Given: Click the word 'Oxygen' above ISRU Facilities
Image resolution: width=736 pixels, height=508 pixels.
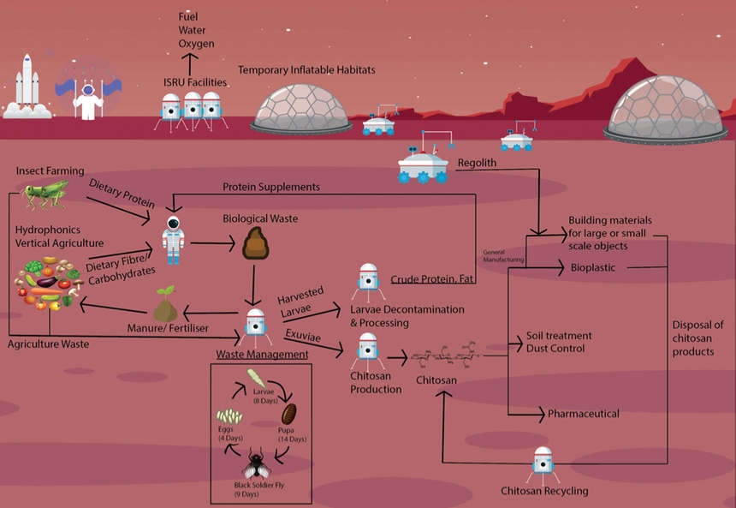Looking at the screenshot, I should point(197,44).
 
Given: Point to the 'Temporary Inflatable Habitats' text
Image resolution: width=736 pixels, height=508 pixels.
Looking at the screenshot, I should point(306,69).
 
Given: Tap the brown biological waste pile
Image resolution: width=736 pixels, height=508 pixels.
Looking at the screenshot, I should point(256,244).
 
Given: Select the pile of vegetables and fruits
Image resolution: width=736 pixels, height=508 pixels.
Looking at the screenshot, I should point(47,293).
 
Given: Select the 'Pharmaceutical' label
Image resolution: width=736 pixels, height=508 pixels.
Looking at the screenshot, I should point(584,414).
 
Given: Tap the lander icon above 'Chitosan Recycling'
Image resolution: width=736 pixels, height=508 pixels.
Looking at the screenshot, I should point(543,463).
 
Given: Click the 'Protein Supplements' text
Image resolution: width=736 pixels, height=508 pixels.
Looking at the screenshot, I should point(271,187).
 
